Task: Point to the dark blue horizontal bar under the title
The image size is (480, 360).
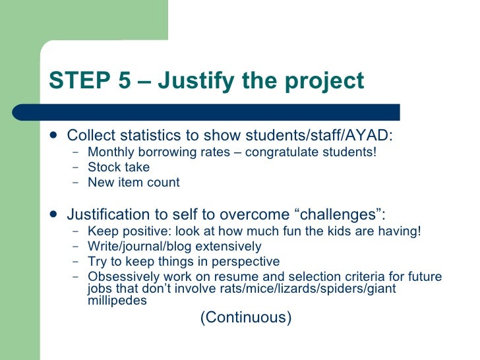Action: click(218, 112)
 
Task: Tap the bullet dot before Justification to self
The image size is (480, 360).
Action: click(52, 214)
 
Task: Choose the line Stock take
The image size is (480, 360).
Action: click(119, 167)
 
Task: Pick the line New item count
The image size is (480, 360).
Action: click(133, 183)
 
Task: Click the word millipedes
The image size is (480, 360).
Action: click(116, 300)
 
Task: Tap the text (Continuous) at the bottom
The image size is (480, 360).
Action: click(245, 317)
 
